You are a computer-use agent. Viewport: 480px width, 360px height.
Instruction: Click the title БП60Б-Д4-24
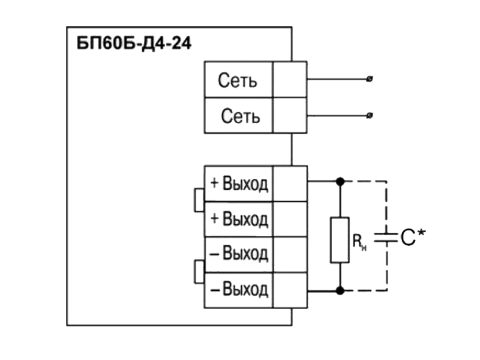coord(134,43)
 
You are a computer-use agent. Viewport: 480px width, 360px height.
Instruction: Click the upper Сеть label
coord(237,80)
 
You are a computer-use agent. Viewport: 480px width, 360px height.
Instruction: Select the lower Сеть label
coord(241,116)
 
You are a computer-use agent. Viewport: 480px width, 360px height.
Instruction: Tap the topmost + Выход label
coord(239,184)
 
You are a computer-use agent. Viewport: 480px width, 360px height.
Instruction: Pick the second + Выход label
coord(239,219)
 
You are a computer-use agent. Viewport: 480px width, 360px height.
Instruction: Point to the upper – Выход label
coord(239,253)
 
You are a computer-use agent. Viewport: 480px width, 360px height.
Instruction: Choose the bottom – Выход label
coord(239,289)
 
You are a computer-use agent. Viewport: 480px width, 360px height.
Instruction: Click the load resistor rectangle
coord(340,240)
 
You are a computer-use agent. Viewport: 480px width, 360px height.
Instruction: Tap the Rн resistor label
coord(359,242)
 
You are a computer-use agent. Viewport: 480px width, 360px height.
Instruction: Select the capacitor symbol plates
coord(386,238)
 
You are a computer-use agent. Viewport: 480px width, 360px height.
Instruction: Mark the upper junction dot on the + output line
coord(340,182)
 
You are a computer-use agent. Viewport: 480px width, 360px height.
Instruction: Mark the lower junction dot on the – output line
coord(340,290)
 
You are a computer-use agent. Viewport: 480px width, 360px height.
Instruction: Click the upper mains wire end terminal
coord(370,79)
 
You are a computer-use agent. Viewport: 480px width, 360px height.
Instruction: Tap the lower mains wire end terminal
coord(370,115)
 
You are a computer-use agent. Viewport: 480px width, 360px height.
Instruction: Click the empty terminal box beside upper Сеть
coord(290,80)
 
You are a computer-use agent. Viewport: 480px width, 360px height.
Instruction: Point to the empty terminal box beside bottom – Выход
coord(290,290)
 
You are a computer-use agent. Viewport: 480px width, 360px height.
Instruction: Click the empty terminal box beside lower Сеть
coord(290,115)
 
